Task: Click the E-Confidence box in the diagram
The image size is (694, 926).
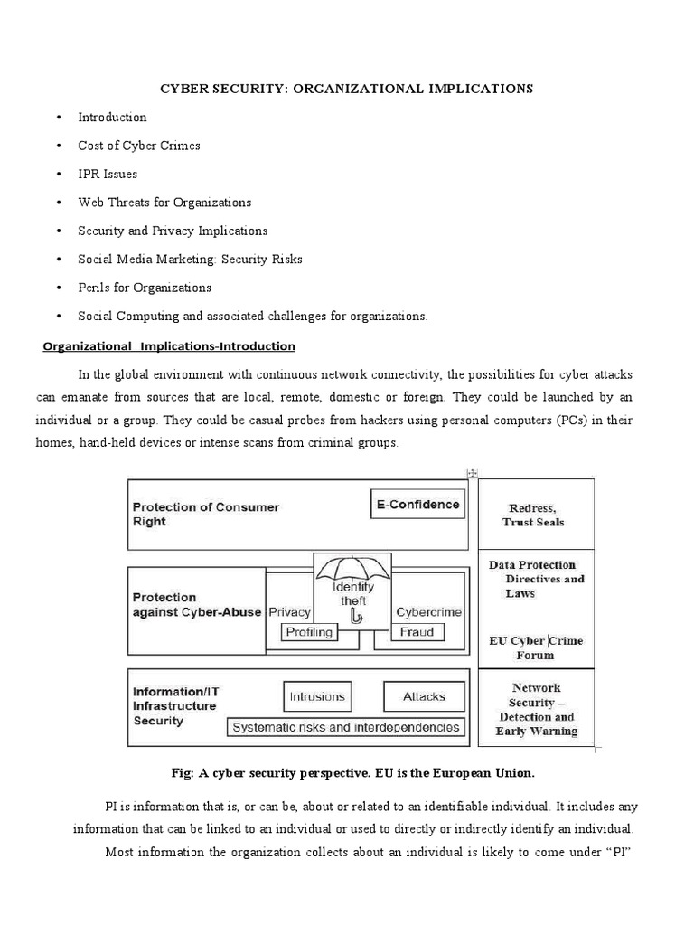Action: (418, 505)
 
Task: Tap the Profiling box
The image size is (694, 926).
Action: (308, 632)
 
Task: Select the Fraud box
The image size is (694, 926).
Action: (416, 632)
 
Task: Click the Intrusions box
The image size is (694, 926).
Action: (316, 696)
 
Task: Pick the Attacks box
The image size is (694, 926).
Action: (424, 696)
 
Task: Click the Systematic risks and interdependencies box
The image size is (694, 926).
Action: (346, 727)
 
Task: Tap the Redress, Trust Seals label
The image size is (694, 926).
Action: (536, 515)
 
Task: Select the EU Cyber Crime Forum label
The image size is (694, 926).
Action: (536, 647)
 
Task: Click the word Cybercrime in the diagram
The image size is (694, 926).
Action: (428, 612)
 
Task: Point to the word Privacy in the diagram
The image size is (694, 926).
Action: (289, 612)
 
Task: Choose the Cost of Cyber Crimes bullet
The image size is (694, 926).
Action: (138, 146)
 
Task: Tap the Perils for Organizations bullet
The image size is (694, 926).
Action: (144, 288)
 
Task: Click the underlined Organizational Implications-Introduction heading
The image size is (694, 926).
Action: (169, 346)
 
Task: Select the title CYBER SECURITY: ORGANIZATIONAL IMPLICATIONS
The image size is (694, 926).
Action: (346, 89)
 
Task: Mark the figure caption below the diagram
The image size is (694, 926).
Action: (346, 773)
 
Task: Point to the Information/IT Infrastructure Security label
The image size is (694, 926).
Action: (175, 705)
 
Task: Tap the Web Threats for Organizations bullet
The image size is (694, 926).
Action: (164, 203)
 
